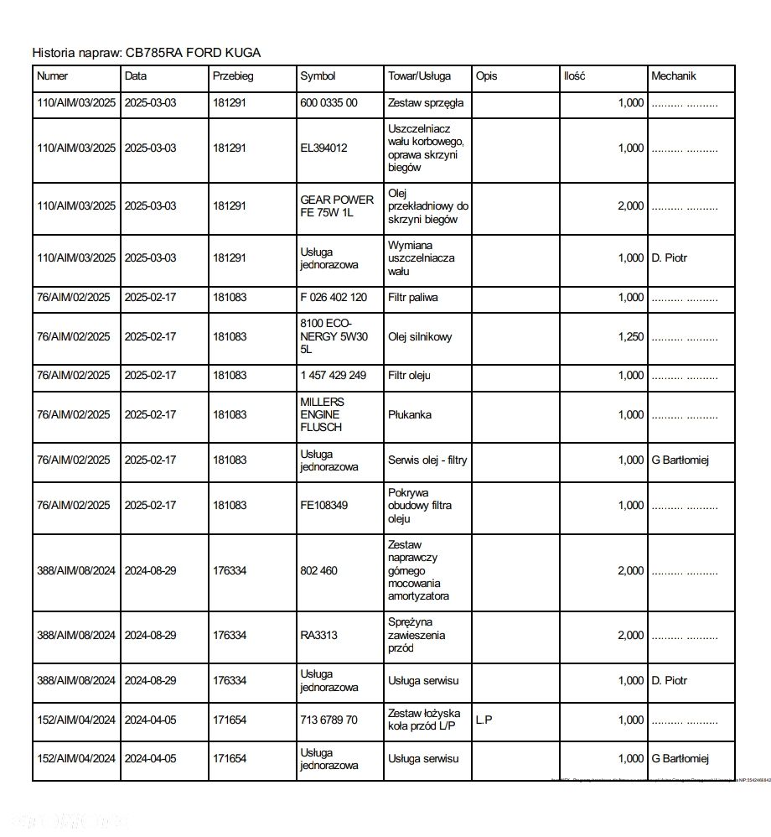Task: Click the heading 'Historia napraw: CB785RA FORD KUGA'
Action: (147, 53)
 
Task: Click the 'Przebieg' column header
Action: (233, 76)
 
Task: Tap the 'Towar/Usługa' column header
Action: (419, 76)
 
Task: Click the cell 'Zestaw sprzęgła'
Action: (426, 103)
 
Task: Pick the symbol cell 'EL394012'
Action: (323, 148)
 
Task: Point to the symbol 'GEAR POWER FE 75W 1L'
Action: (337, 206)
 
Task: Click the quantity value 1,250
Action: (630, 337)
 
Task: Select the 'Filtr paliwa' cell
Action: (413, 298)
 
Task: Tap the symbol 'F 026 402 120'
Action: (334, 298)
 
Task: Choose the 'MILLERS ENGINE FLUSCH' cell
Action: (323, 414)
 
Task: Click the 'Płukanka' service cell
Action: (411, 415)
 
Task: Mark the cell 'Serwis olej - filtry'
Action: (427, 460)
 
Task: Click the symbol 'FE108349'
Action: (323, 506)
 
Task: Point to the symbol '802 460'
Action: (319, 571)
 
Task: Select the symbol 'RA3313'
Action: (318, 636)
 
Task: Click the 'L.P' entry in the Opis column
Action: (484, 720)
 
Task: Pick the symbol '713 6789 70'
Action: (329, 720)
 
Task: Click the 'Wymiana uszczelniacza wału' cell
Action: (422, 258)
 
